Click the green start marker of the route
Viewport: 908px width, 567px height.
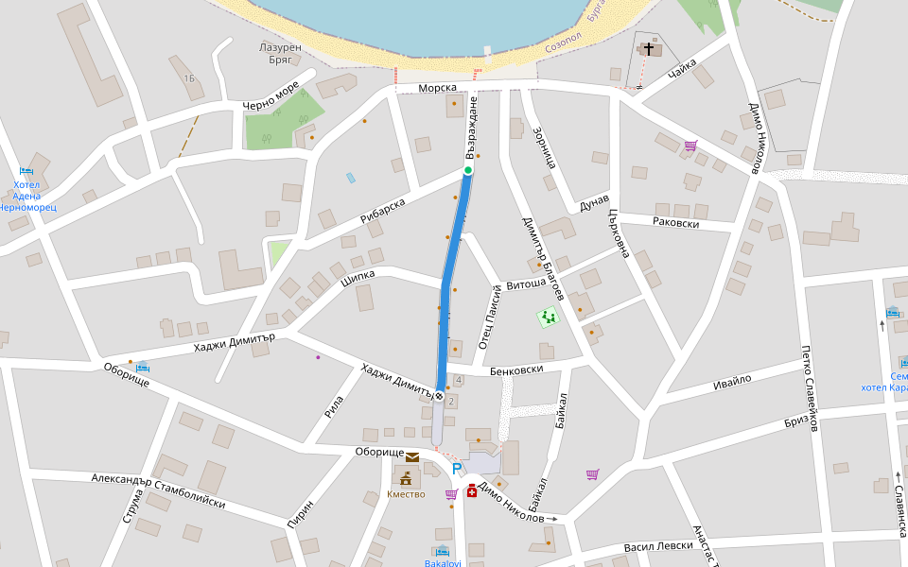coord(467,170)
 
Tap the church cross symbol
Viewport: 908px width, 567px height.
coord(649,47)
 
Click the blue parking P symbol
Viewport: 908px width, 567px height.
coord(458,469)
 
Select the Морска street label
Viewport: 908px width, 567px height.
coord(438,88)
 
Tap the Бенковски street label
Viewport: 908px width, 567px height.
coord(516,369)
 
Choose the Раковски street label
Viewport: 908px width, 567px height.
coord(676,223)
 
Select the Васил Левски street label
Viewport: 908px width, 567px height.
coord(658,547)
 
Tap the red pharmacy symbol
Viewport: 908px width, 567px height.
coord(471,490)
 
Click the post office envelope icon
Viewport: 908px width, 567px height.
coord(412,458)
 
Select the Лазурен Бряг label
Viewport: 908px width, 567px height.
coord(279,52)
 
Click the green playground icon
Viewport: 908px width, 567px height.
coord(547,318)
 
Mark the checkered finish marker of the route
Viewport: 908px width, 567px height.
coord(439,396)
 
